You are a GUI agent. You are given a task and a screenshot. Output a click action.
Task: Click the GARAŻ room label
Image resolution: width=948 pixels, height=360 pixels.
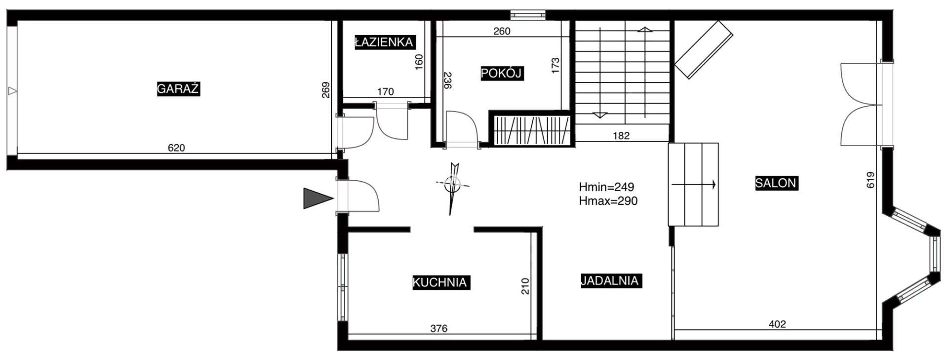tap(178, 89)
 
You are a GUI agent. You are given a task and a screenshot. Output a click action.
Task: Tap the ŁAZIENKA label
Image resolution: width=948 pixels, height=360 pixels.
tap(384, 42)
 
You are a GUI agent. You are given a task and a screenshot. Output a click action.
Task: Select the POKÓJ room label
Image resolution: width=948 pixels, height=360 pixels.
tap(502, 74)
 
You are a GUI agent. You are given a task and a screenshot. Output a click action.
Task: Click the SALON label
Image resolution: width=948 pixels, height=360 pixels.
tap(776, 183)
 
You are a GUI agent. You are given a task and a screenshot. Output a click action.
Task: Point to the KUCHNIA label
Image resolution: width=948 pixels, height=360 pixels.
tap(440, 282)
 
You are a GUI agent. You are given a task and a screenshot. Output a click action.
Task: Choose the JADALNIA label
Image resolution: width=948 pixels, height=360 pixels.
tap(610, 281)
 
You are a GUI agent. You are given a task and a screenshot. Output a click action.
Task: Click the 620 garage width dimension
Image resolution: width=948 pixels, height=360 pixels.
tap(176, 148)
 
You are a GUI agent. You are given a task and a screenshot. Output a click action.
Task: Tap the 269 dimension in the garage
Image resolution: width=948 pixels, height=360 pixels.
tap(326, 90)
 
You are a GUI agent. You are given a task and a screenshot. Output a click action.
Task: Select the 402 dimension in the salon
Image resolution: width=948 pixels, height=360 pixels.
tap(777, 324)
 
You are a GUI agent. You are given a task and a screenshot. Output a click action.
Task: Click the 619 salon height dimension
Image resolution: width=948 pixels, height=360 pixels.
tap(870, 180)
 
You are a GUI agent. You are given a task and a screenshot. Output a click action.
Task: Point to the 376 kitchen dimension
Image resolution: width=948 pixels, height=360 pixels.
tap(439, 328)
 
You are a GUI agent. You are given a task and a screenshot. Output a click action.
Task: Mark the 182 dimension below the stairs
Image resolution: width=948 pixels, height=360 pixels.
tap(621, 136)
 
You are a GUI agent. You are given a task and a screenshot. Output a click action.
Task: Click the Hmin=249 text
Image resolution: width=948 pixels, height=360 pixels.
tap(607, 187)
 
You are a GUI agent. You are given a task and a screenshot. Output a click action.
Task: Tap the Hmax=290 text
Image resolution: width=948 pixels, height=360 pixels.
tap(608, 201)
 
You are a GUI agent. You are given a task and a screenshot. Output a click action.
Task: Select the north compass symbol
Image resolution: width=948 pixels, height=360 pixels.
tap(452, 188)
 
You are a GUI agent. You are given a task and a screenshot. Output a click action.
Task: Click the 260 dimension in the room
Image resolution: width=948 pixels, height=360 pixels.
tap(502, 31)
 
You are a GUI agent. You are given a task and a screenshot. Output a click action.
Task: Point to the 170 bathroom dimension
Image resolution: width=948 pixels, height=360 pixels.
tap(386, 91)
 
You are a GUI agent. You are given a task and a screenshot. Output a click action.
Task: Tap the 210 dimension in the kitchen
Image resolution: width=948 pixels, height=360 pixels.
tap(525, 286)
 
